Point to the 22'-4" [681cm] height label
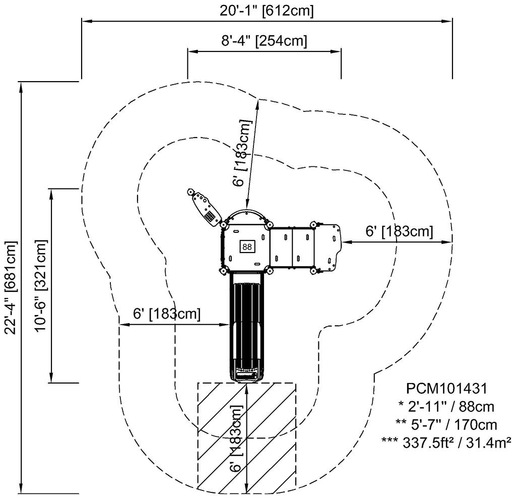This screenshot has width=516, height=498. click(x=11, y=287)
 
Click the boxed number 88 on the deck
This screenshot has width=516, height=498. click(x=247, y=246)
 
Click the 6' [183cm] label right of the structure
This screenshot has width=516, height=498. click(x=399, y=231)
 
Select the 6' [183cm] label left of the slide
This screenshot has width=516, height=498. click(x=167, y=313)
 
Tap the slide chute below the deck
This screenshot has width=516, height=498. click(x=246, y=323)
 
